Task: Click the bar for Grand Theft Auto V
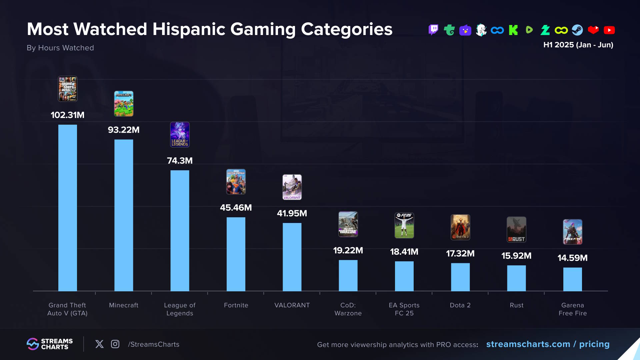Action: pos(67,208)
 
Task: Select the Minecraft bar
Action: pos(124,215)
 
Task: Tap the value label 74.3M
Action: pos(180,161)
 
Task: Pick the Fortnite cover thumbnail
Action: pos(236,182)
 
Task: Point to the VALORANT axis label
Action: pos(292,305)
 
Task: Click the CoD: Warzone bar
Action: pos(348,275)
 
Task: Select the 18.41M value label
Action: pos(404,252)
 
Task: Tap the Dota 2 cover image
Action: pos(460,227)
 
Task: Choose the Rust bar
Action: pos(516,278)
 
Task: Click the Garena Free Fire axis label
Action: pos(573,309)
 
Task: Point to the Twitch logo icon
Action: pos(433,30)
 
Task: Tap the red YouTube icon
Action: pos(609,30)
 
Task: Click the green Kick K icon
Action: pos(513,30)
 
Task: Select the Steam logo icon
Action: pos(577,30)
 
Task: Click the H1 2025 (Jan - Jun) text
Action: pos(578,45)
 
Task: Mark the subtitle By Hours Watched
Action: pos(60,48)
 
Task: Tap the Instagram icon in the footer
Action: pos(115,344)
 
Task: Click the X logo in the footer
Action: pos(99,344)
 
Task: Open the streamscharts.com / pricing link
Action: pos(548,344)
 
